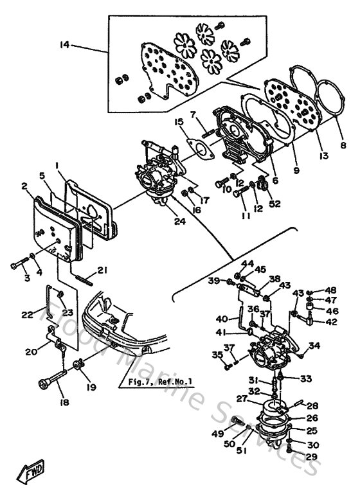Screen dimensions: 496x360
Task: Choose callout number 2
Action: [x=24, y=186]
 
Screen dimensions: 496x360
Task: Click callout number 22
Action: [x=27, y=314]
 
